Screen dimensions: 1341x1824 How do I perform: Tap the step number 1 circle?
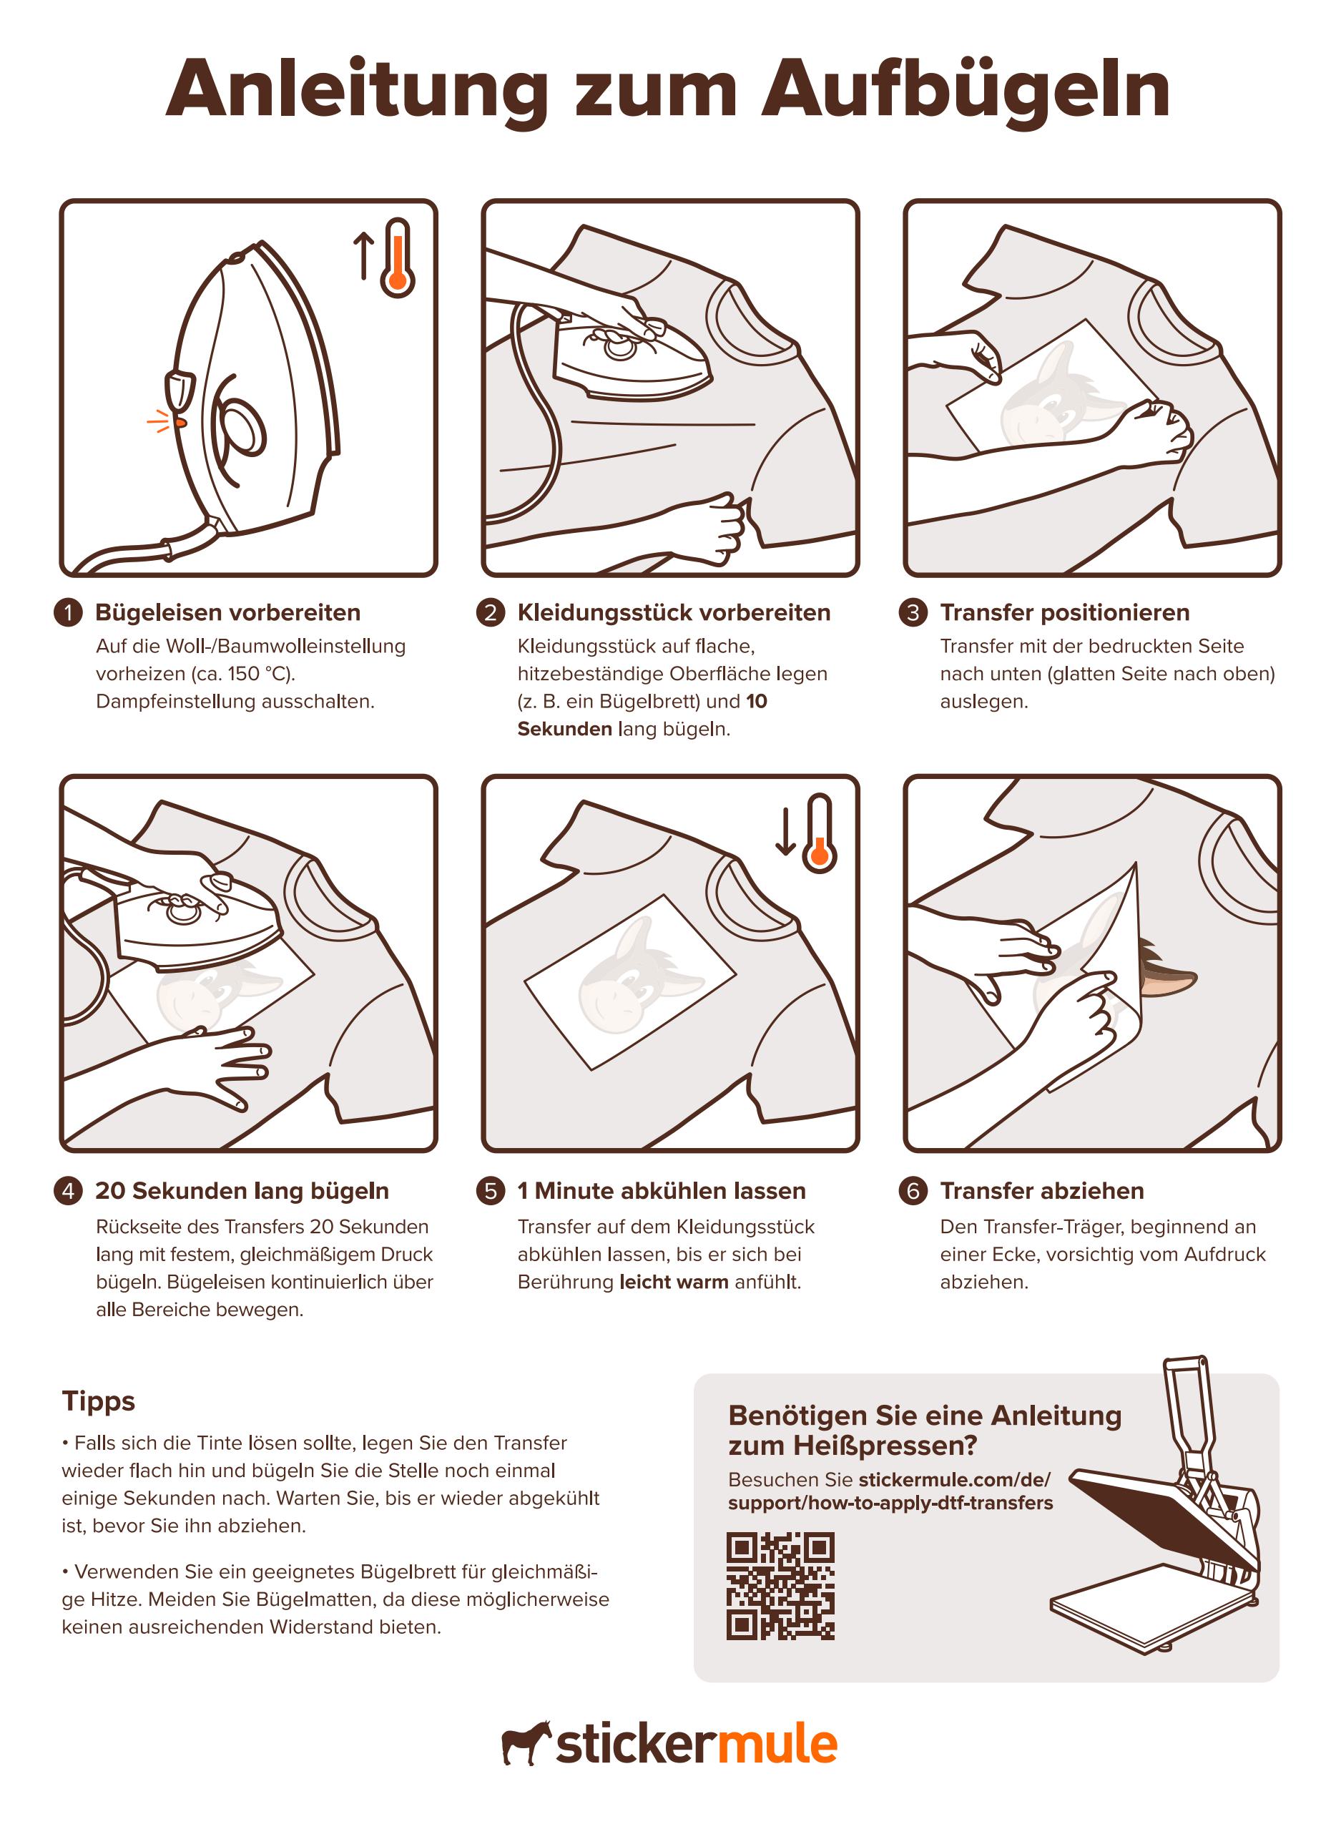(x=68, y=612)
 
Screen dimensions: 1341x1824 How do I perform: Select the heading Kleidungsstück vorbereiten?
(x=674, y=612)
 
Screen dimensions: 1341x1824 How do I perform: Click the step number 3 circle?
(x=913, y=612)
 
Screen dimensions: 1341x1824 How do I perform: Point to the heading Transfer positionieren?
(x=1064, y=612)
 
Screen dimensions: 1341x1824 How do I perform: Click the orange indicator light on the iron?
(x=180, y=422)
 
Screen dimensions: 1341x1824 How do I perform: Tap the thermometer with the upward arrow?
(x=397, y=258)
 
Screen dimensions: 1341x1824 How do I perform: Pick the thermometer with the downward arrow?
(x=819, y=833)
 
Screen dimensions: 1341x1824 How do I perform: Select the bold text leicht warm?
(x=674, y=1282)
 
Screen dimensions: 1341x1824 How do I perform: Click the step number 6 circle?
(x=913, y=1191)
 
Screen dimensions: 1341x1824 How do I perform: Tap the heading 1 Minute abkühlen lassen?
(x=662, y=1191)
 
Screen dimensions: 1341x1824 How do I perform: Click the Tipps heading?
(x=98, y=1402)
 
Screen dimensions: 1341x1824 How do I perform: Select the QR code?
(x=780, y=1585)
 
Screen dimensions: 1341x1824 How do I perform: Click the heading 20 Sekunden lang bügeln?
(x=242, y=1191)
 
